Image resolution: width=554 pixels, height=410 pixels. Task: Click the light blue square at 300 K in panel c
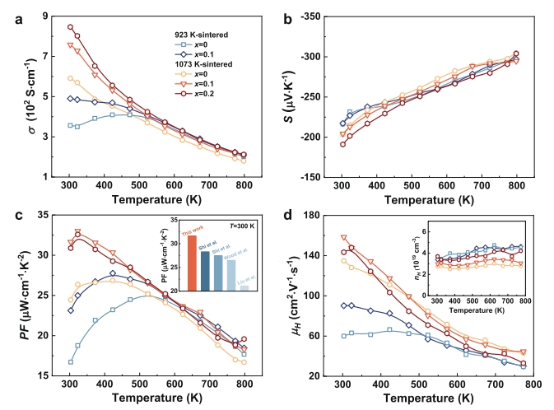click(x=70, y=361)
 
